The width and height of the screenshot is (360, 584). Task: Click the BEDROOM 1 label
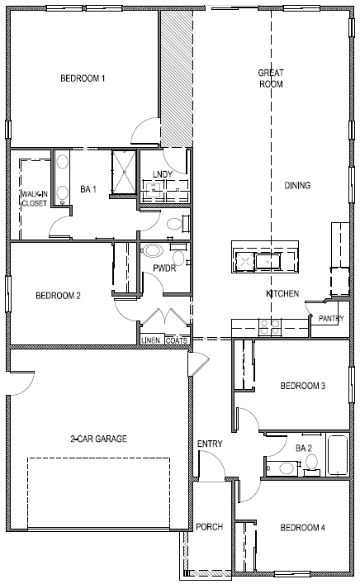point(83,79)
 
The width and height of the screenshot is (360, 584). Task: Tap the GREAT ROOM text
point(271,78)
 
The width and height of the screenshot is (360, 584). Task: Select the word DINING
point(297,186)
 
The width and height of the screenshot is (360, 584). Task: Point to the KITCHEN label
point(282,294)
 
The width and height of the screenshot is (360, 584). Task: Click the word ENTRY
point(210,444)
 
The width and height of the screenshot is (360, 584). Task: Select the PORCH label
point(209,527)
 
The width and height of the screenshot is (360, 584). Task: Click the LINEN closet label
point(150,339)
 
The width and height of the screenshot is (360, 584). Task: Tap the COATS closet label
point(176,339)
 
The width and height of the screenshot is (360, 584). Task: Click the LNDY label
point(163,174)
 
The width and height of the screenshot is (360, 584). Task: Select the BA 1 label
point(88,189)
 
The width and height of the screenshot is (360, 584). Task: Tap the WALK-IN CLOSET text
point(34,198)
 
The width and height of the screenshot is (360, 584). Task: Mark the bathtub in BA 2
point(337,455)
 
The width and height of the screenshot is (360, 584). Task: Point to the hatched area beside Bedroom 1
point(175,78)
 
